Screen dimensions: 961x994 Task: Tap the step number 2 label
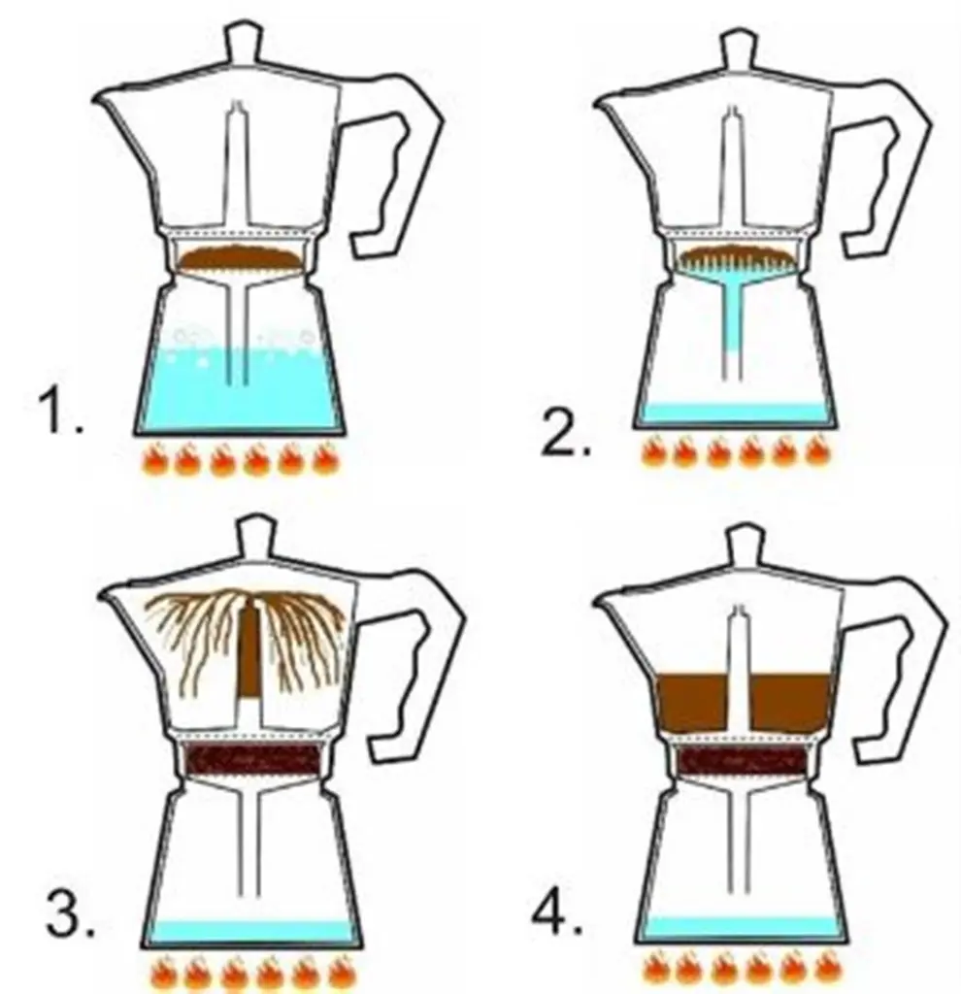tap(566, 433)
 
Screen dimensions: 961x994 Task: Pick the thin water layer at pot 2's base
tap(736, 412)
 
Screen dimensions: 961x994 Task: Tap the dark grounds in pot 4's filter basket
tap(743, 758)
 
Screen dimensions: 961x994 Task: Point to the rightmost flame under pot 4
tap(830, 968)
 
